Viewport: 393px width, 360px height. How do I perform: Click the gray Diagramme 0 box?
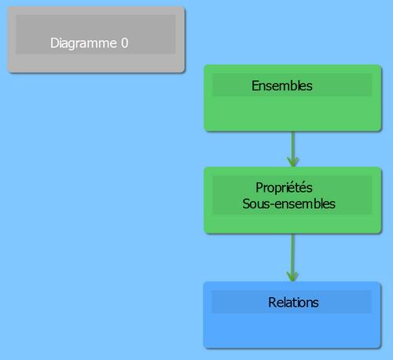tap(96, 40)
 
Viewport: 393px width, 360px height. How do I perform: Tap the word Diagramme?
tap(83, 43)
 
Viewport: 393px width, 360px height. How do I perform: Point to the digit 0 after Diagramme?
tap(125, 43)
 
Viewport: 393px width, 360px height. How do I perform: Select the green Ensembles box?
tap(292, 98)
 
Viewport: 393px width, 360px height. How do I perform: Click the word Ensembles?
tap(282, 86)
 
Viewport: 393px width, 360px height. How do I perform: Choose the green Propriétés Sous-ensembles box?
tap(292, 200)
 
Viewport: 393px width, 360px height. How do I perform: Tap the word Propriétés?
tap(284, 188)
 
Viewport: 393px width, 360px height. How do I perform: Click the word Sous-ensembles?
tap(288, 204)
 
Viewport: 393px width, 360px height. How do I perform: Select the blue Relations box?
tap(292, 315)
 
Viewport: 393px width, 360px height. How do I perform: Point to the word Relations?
tap(293, 303)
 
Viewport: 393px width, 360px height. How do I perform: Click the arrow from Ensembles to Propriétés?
tap(293, 149)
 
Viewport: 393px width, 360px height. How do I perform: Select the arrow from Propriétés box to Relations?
tap(292, 258)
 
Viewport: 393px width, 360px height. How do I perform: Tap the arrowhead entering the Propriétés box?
tap(293, 162)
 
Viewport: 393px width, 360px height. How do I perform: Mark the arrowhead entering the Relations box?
tap(292, 277)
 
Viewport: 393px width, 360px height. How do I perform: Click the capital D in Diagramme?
tap(53, 43)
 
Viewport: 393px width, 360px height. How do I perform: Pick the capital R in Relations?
tap(272, 303)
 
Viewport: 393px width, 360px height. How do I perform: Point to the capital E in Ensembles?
tap(255, 86)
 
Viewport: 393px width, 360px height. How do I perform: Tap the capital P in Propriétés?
tap(259, 188)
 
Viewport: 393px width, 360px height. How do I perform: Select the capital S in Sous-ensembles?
tap(246, 204)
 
